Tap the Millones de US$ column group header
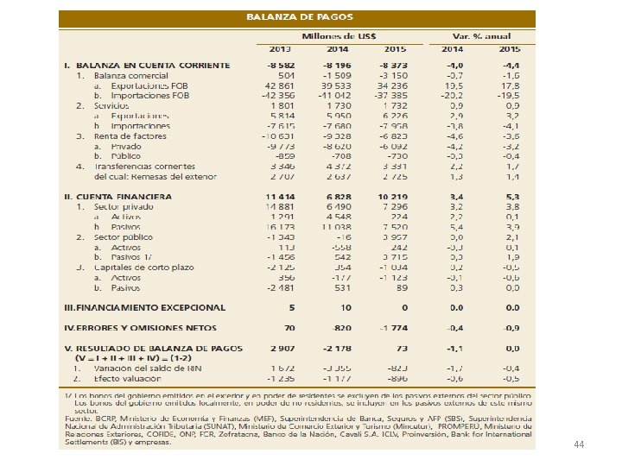pyautogui.click(x=339, y=35)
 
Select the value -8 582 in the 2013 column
pyautogui.click(x=281, y=65)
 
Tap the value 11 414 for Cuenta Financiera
pyautogui.click(x=281, y=197)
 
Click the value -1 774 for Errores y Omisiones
pyautogui.click(x=391, y=328)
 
